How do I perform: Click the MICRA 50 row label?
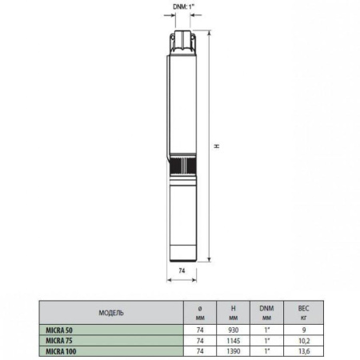(61, 328)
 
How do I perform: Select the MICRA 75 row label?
(61, 339)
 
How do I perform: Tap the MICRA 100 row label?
(62, 350)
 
